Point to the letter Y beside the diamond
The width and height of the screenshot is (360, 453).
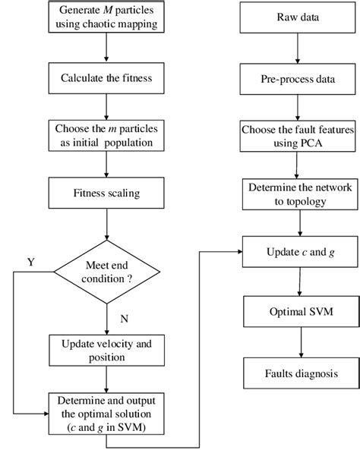31,263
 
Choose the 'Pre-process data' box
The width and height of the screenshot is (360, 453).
303,76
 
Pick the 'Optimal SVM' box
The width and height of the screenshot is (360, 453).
303,311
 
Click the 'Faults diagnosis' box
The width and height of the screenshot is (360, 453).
303,373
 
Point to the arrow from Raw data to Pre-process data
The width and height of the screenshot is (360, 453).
303,49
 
